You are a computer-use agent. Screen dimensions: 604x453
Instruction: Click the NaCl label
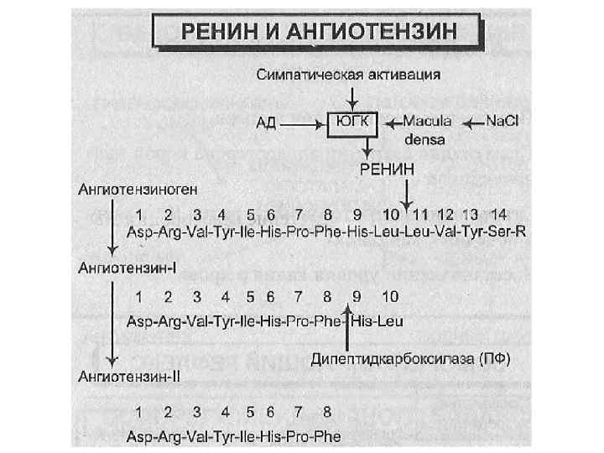coord(502,121)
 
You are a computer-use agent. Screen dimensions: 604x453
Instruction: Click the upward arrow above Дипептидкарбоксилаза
coord(348,327)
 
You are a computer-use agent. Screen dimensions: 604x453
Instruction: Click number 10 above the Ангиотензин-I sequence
coord(390,296)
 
